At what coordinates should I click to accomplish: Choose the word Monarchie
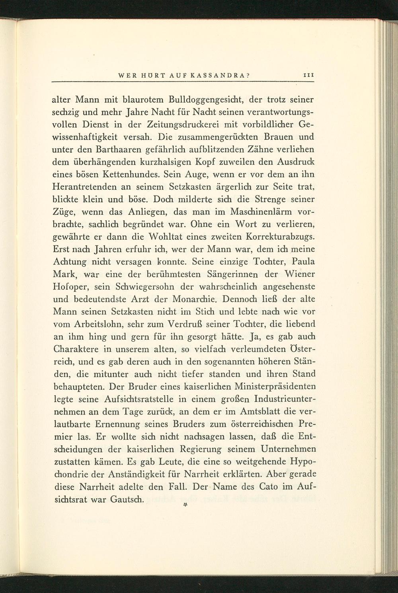coord(193,299)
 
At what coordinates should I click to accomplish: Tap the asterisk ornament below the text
coord(185,505)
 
